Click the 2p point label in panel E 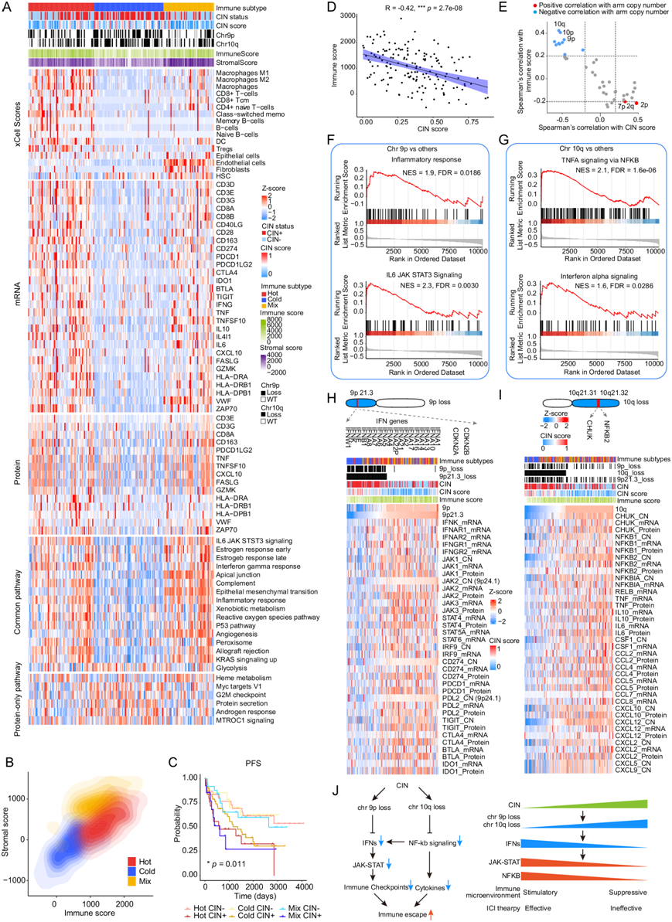pyautogui.click(x=644, y=104)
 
